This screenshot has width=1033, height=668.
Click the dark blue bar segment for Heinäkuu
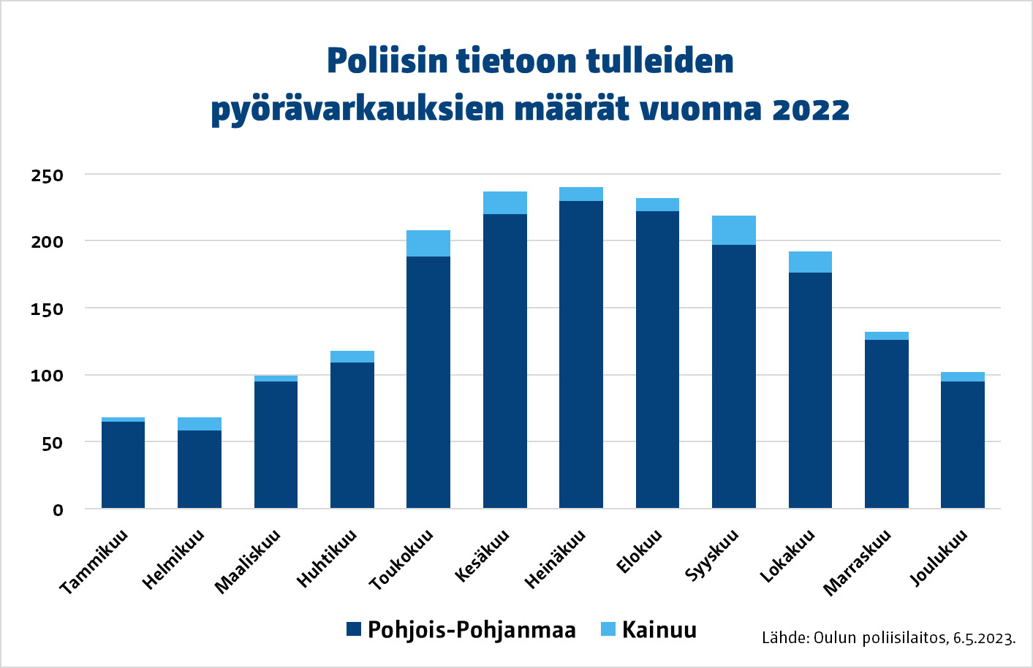point(581,354)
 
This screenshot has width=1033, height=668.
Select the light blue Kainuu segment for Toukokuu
point(428,243)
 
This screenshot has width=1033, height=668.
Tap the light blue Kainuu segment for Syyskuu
point(734,230)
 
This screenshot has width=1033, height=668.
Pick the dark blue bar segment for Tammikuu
point(123,465)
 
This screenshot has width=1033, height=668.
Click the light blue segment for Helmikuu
point(200,424)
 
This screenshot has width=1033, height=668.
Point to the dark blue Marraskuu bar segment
point(887,424)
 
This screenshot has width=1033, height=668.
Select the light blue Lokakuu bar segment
point(810,262)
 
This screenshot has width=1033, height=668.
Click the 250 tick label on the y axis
point(48,175)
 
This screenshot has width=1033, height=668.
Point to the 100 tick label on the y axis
point(48,376)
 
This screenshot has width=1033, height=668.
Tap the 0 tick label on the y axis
point(58,510)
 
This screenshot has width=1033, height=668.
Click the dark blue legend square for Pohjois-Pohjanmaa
point(354,629)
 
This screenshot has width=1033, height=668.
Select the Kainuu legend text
point(659,630)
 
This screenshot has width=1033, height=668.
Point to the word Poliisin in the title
point(387,61)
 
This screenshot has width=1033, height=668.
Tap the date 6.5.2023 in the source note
point(983,638)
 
